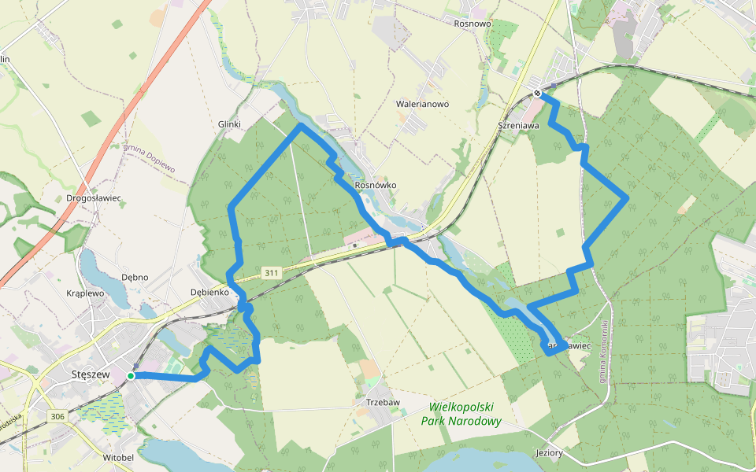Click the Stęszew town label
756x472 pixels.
pyautogui.click(x=89, y=374)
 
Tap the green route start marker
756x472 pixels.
pyautogui.click(x=131, y=376)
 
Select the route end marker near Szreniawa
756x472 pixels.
pyautogui.click(x=538, y=94)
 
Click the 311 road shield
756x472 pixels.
pyautogui.click(x=272, y=273)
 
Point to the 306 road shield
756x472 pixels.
pyautogui.click(x=56, y=416)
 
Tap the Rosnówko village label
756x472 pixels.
pyautogui.click(x=376, y=186)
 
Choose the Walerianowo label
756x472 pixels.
pyautogui.click(x=422, y=104)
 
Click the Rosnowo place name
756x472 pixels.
pyautogui.click(x=472, y=24)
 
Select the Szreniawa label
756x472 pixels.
pyautogui.click(x=518, y=125)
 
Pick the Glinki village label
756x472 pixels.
pyautogui.click(x=228, y=124)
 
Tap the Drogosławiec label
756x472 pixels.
pyautogui.click(x=94, y=198)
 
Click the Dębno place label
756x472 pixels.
pyautogui.click(x=135, y=277)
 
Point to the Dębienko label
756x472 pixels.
pyautogui.click(x=209, y=293)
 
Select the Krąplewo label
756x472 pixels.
pyautogui.click(x=85, y=293)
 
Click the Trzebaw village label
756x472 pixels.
pyautogui.click(x=384, y=402)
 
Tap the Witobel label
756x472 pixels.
pyautogui.click(x=118, y=457)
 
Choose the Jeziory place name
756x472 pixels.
pyautogui.click(x=548, y=453)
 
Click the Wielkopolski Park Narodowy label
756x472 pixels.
pyautogui.click(x=461, y=414)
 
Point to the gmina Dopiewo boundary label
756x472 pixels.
pyautogui.click(x=149, y=158)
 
